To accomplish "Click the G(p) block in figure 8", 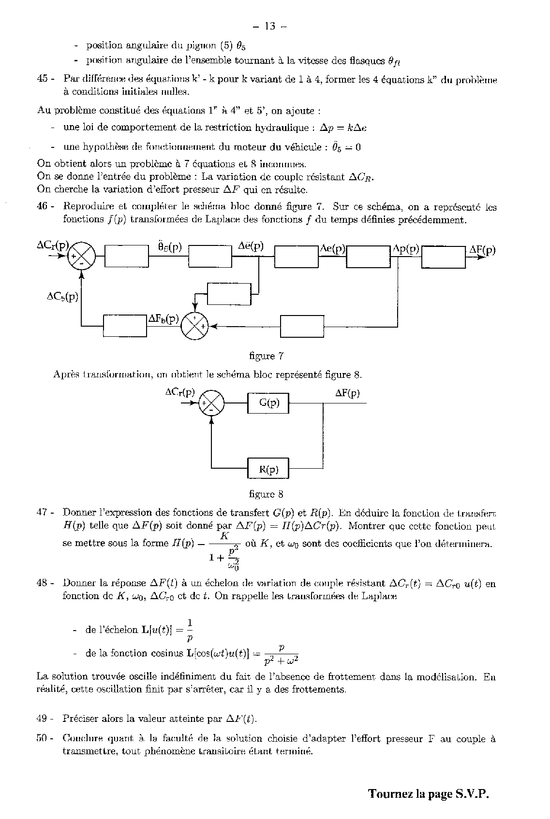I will [x=268, y=403].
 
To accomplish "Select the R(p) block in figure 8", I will [x=268, y=469].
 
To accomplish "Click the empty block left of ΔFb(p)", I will [x=125, y=326].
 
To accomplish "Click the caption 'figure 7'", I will [x=266, y=356].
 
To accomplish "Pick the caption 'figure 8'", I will [x=266, y=494].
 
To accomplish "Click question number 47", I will [x=44, y=512].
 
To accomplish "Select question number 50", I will [x=44, y=738].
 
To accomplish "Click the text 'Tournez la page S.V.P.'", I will [x=429, y=794].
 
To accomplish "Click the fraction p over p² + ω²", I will [x=282, y=654].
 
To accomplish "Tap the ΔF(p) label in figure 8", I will [x=347, y=393].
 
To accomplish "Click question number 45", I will [x=44, y=80].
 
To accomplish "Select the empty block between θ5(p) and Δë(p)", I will [x=210, y=256].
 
